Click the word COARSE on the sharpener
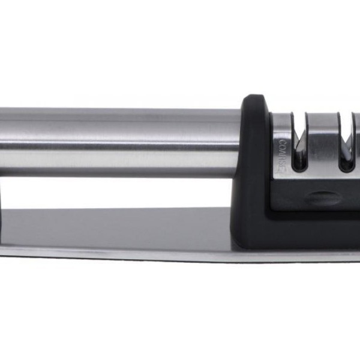(283, 155)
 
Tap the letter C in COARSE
(283, 142)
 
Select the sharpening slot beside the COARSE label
(298, 141)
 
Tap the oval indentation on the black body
(324, 198)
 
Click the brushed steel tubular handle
(119, 143)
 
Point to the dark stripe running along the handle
(119, 146)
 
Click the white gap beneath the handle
(115, 193)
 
